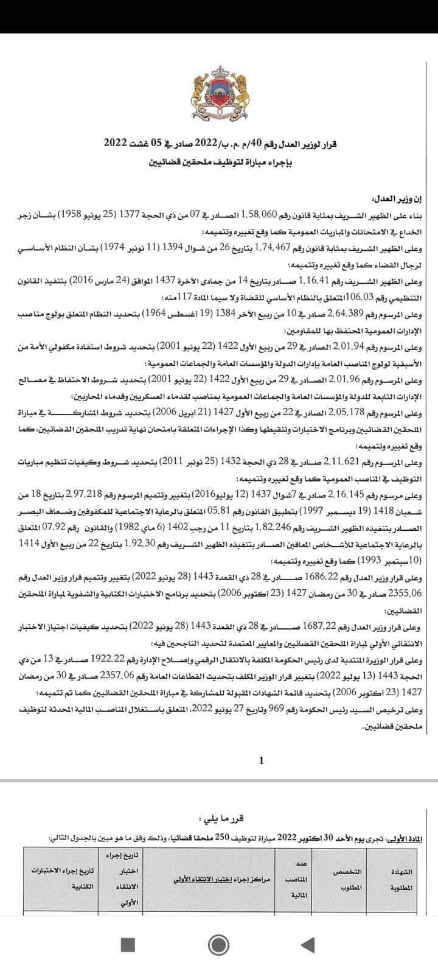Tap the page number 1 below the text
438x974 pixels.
tap(261, 760)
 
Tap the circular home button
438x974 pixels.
tap(218, 944)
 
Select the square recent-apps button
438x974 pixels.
tap(128, 944)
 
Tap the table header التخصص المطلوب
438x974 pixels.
tap(348, 879)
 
